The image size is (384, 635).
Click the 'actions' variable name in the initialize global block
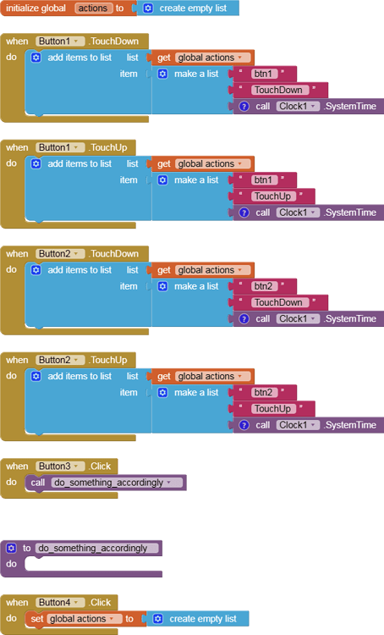tap(94, 8)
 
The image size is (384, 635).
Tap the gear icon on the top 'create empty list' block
tap(148, 8)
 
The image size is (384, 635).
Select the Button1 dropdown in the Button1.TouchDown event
tap(60, 41)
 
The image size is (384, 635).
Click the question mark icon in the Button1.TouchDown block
tap(244, 106)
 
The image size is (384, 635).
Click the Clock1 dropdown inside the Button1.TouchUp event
tap(299, 213)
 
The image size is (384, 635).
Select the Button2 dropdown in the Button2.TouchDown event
tap(60, 253)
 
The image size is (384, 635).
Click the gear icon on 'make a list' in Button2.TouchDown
tap(162, 286)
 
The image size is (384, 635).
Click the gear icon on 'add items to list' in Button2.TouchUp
tap(36, 376)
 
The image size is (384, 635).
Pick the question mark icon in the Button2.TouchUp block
tap(244, 425)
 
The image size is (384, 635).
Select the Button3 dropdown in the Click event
tap(60, 467)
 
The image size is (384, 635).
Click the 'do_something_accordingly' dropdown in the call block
tap(117, 483)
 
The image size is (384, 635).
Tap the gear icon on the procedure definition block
tap(11, 548)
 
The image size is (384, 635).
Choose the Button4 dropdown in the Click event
tap(60, 602)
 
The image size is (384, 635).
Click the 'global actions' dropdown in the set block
tap(85, 619)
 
